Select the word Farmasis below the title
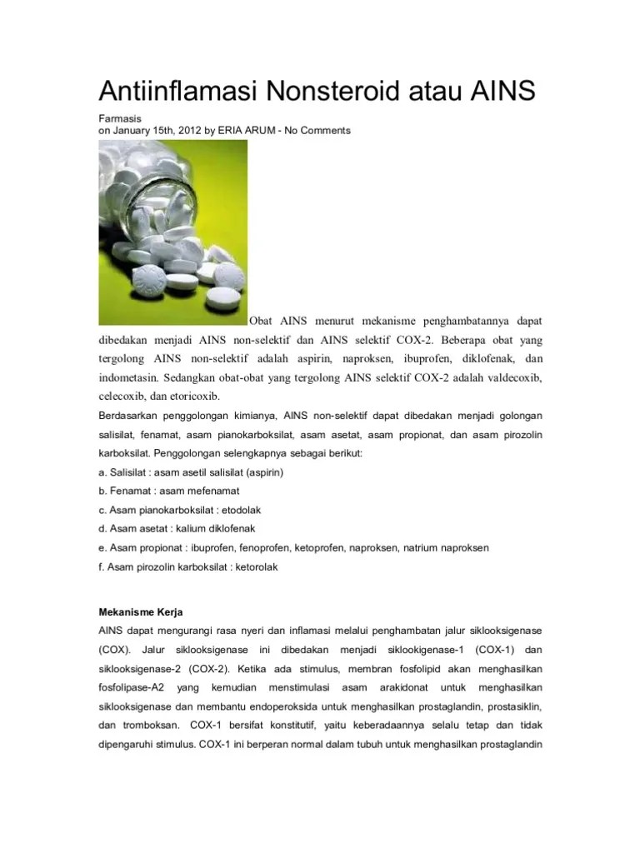pos(119,119)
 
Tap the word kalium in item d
pos(191,528)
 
